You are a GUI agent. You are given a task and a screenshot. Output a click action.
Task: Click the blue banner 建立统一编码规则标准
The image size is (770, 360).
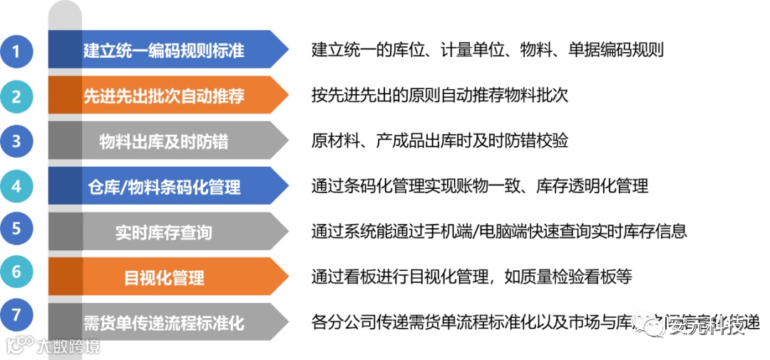(164, 50)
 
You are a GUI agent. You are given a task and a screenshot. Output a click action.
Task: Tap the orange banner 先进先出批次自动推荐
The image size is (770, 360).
(164, 96)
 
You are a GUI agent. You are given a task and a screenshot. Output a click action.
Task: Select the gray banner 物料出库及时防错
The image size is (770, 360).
(164, 141)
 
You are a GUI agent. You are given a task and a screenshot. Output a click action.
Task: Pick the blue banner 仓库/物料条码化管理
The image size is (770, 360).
(164, 187)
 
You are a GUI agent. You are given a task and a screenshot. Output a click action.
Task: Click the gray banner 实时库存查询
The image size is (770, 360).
(164, 232)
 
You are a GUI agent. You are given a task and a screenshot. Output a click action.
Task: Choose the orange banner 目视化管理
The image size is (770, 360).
(164, 277)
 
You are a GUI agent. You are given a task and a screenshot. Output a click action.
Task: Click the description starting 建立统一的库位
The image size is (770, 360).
(488, 50)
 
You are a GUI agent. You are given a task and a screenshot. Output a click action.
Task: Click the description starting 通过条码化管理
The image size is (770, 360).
(479, 187)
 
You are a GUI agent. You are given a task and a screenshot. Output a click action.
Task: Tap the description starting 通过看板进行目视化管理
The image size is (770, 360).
(472, 277)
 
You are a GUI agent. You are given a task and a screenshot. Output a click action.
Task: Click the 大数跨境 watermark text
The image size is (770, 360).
(68, 346)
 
